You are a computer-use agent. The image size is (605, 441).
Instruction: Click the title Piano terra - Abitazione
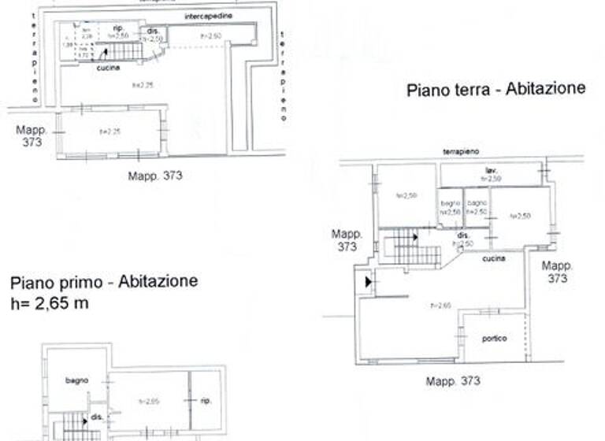coord(496,89)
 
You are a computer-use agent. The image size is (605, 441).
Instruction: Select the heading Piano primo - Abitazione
coord(104,282)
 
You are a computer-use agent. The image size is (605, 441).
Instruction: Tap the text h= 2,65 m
coord(50,303)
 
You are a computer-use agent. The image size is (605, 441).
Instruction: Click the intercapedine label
coord(208,17)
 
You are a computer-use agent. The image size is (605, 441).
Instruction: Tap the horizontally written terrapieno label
coord(461,150)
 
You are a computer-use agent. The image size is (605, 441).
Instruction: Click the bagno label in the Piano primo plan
coord(76,380)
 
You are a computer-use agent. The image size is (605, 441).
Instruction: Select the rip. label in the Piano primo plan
coord(206,400)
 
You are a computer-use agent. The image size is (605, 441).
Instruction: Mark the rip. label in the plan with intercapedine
coord(117,28)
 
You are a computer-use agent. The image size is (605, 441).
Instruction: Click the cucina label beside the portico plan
coord(493,258)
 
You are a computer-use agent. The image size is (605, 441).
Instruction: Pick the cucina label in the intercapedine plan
coord(108,69)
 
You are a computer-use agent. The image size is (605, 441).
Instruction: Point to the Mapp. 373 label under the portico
coord(453,381)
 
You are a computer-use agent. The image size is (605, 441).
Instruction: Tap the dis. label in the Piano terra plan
coord(464,235)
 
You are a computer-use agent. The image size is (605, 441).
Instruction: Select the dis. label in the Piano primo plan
coord(96,417)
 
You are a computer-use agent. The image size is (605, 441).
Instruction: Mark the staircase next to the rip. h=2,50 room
coord(121,52)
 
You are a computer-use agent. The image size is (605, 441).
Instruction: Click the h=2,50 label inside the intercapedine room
coord(209,35)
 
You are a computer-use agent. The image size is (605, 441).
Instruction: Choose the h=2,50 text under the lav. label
coord(492,180)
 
